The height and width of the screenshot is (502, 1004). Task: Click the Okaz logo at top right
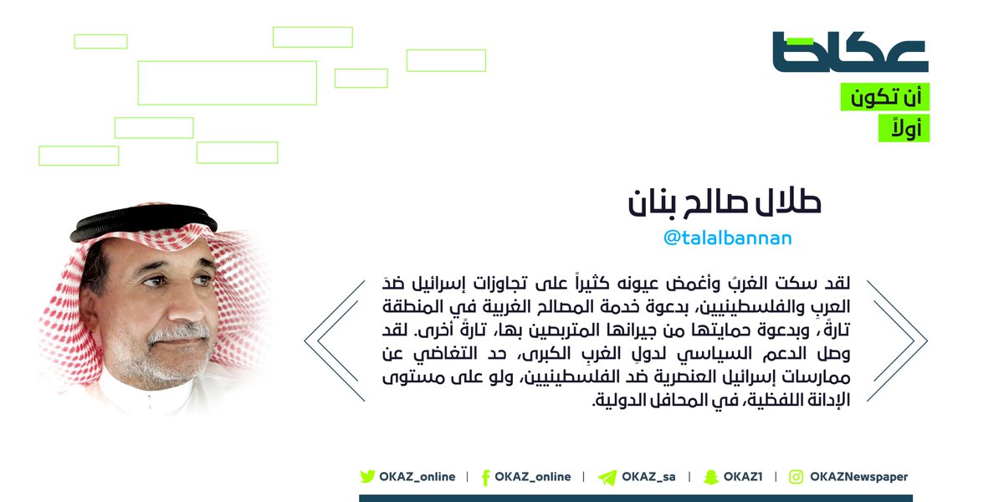click(850, 52)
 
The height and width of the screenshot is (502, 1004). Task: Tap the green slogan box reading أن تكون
click(885, 96)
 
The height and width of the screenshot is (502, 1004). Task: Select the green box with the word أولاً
click(904, 128)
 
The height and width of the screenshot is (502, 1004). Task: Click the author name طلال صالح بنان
click(725, 203)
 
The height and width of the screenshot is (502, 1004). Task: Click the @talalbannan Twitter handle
click(727, 238)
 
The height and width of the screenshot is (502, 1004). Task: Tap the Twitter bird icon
click(367, 476)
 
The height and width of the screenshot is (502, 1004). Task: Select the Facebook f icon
click(485, 478)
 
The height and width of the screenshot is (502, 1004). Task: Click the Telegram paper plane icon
click(607, 478)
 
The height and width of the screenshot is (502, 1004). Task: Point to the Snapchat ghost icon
click(711, 478)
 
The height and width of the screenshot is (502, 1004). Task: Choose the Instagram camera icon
click(796, 477)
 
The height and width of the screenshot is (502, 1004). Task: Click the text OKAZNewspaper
click(858, 477)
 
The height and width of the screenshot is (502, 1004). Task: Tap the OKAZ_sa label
click(648, 477)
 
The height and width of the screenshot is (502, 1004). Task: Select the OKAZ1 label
click(743, 477)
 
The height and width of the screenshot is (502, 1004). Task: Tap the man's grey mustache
click(179, 332)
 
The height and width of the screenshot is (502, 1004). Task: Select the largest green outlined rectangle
click(228, 83)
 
